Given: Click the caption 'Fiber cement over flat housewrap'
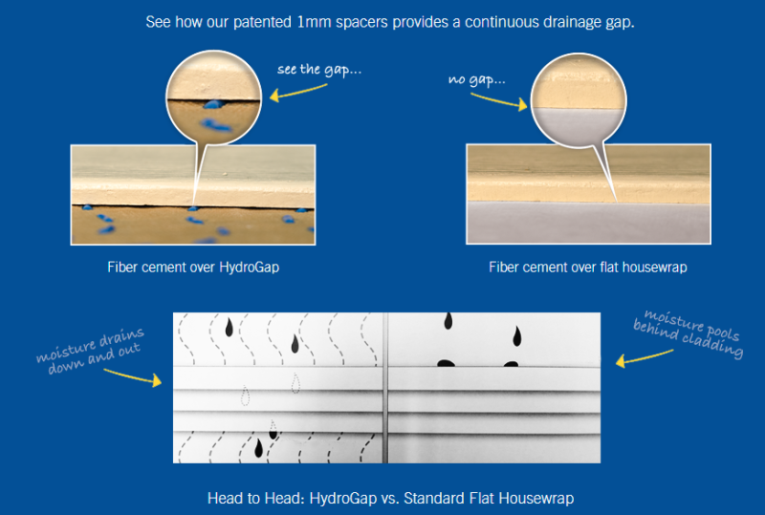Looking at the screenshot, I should [x=588, y=268].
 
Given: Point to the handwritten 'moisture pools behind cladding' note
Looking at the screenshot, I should [x=688, y=333].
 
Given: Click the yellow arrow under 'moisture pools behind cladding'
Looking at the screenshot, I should [x=635, y=362].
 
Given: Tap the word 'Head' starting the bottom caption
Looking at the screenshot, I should [x=224, y=498].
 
